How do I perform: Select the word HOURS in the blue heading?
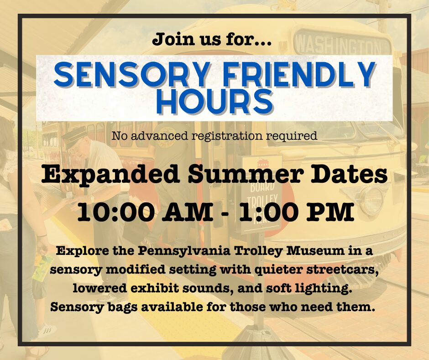(215, 101)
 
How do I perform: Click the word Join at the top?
(173, 39)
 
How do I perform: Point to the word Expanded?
(110, 175)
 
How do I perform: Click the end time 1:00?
(268, 212)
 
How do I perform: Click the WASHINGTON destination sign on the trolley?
(339, 44)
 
